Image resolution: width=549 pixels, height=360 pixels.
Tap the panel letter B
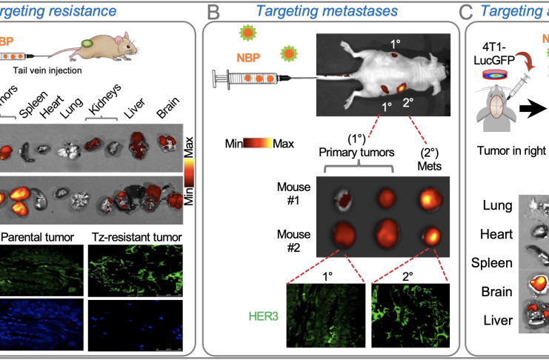pos(213,12)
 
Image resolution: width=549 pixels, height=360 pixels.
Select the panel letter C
pos(465,12)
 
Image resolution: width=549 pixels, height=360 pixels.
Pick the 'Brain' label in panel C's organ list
pos(497,291)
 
